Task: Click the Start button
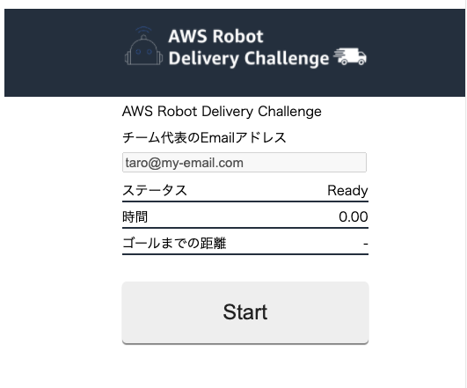[245, 312]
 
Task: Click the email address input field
[244, 163]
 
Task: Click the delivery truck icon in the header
[350, 56]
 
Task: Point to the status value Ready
[347, 190]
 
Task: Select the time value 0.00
[354, 216]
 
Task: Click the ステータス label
[155, 190]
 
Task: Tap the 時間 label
[135, 216]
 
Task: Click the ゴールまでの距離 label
[174, 243]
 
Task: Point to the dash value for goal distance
[366, 244]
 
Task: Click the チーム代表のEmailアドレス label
[204, 137]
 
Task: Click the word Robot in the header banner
[238, 36]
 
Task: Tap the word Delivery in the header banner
[204, 58]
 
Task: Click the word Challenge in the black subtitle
[289, 112]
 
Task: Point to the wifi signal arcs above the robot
[143, 30]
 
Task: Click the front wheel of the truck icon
[361, 62]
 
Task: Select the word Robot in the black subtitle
[177, 112]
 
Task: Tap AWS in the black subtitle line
[137, 112]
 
